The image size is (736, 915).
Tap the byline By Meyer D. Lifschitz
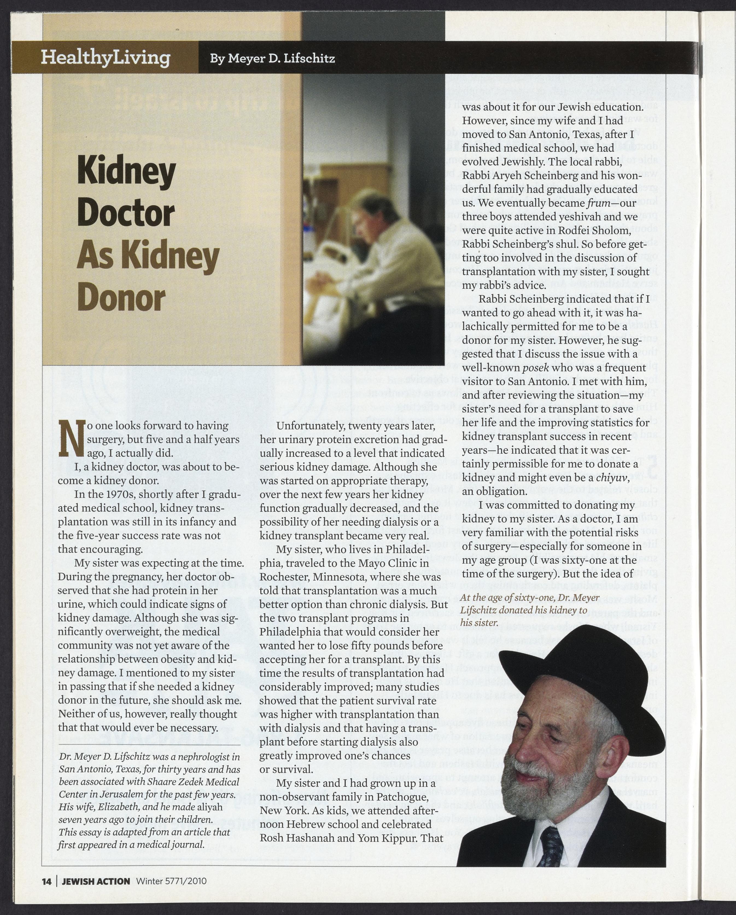point(272,58)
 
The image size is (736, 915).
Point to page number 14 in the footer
point(46,881)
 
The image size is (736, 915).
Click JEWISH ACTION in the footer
point(96,881)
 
